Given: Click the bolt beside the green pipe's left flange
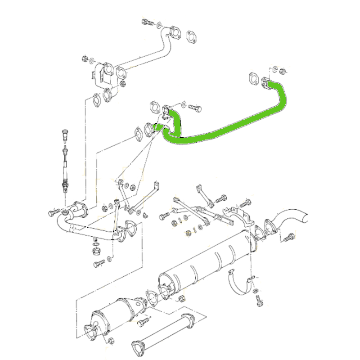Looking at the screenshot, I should coord(194,108).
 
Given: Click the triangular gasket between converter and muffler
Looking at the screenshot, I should coord(153,298).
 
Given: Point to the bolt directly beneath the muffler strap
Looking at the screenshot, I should coord(259,301).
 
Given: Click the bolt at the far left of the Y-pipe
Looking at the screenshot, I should coord(53,211).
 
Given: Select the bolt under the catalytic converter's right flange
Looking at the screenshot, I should coord(144,321).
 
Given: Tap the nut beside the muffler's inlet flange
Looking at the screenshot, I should coord(182,299).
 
